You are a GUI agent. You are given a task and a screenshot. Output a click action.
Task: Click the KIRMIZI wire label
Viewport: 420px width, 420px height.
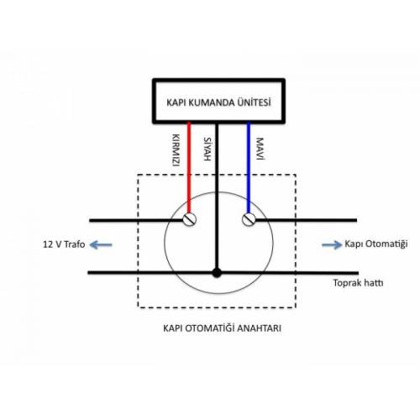[176, 150]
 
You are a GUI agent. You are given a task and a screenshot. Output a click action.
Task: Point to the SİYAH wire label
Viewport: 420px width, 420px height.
[207, 149]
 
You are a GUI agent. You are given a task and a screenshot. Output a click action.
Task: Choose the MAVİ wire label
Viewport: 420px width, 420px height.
[260, 149]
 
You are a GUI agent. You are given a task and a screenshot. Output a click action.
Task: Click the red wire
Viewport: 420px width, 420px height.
[189, 168]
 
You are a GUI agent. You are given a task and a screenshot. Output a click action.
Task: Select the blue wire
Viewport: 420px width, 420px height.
[249, 168]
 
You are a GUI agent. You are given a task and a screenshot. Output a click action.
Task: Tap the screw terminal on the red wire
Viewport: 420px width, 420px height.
[189, 220]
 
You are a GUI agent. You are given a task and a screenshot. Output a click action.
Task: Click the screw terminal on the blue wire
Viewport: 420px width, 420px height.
[249, 219]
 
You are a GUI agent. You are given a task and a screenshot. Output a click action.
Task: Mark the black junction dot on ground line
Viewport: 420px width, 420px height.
[217, 273]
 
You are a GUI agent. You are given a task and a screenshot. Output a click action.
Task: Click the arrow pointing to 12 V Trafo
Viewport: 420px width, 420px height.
[101, 245]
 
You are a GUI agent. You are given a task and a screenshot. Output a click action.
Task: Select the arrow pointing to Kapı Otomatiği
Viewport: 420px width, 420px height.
[332, 244]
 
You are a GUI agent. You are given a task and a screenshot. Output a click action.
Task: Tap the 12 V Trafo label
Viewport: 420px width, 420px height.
[64, 244]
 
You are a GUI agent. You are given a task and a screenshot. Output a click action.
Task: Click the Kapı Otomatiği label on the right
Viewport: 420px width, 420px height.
[375, 244]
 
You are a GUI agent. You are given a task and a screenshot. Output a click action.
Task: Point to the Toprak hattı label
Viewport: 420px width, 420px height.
[358, 283]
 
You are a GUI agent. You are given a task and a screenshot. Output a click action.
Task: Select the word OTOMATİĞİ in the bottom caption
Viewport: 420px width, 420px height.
[210, 328]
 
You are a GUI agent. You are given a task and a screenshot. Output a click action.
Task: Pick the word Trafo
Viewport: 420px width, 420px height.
[75, 244]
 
